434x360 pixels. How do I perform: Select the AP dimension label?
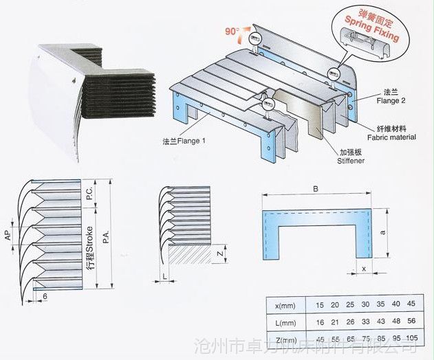7,236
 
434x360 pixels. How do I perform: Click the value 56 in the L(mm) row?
412,322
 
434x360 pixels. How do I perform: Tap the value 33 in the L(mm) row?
365,322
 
